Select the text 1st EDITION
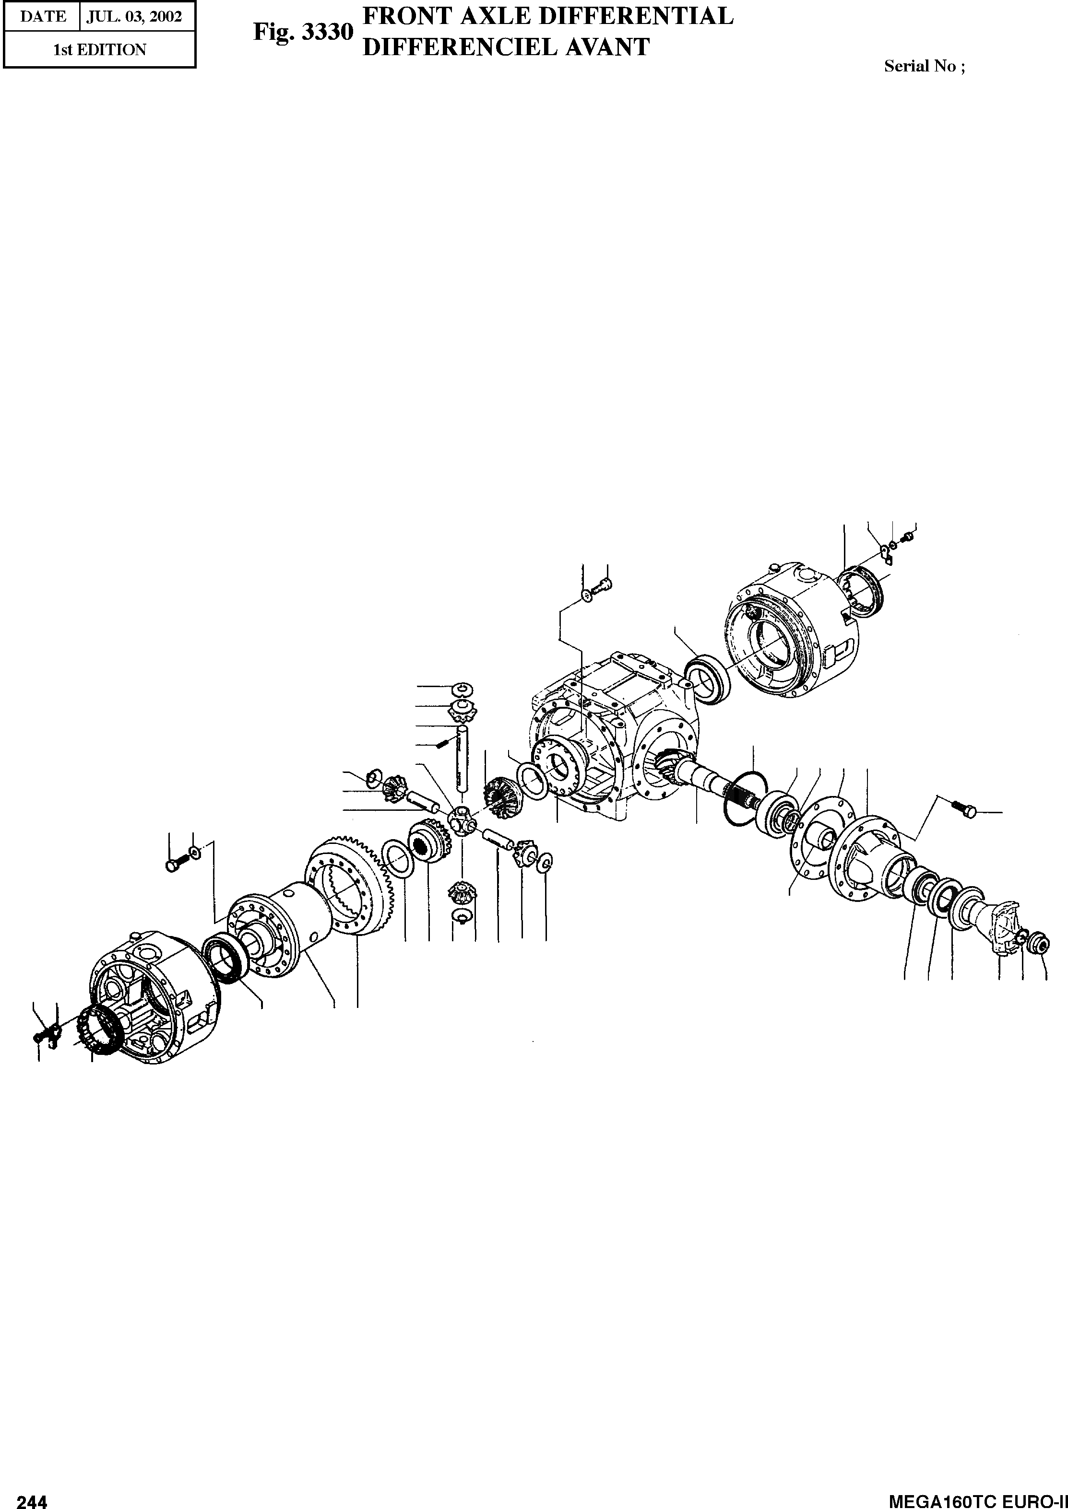pos(100,50)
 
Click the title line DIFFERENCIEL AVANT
pos(506,47)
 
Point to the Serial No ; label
pos(925,66)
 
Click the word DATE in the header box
pos(43,16)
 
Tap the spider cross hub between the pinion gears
pos(461,821)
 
